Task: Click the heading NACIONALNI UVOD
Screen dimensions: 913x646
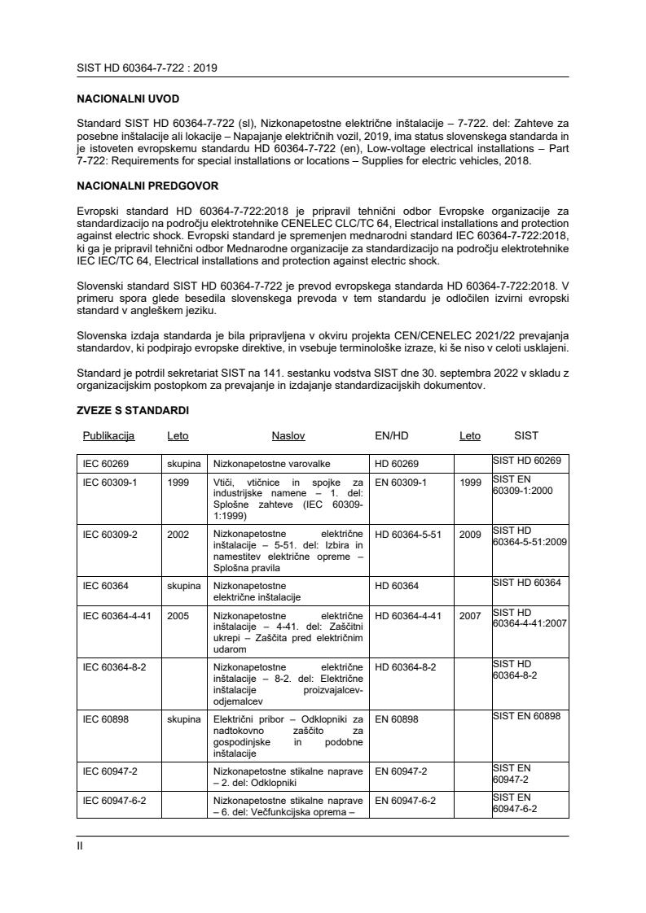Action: (x=128, y=98)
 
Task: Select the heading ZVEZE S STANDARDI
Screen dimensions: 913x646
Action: (x=133, y=412)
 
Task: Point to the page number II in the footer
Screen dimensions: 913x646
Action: (x=80, y=846)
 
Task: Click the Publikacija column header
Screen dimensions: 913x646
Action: (x=108, y=436)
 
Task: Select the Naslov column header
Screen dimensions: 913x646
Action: (x=288, y=436)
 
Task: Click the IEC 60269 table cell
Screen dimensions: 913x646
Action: (x=108, y=463)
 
